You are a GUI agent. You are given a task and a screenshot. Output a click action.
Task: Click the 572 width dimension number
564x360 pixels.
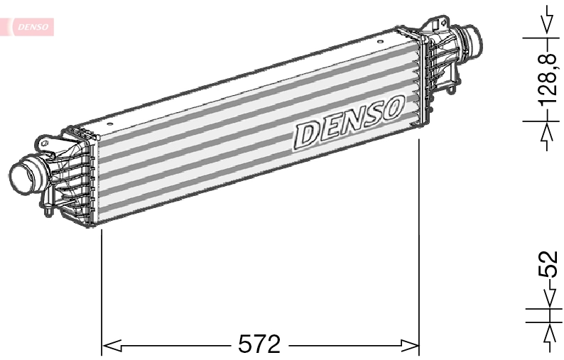pos(259,344)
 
